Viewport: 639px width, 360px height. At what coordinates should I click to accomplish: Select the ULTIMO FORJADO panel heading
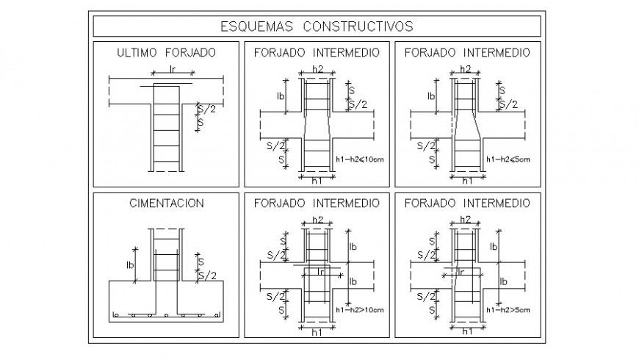point(167,53)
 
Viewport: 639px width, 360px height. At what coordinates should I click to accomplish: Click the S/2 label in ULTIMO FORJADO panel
point(208,109)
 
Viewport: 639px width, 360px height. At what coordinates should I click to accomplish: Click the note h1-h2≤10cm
point(358,159)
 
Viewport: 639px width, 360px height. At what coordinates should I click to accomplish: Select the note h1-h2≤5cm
point(508,159)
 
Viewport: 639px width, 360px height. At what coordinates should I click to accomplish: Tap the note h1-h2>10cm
point(358,310)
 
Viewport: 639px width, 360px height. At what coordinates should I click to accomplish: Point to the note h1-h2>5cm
point(508,310)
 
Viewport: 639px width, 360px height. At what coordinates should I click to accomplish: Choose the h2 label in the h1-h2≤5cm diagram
point(466,68)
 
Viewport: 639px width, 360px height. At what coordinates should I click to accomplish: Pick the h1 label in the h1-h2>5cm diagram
point(466,332)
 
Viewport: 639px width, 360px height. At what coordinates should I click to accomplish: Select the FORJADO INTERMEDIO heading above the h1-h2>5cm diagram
point(467,203)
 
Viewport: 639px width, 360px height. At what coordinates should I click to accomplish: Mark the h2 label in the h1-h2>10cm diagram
point(317,219)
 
